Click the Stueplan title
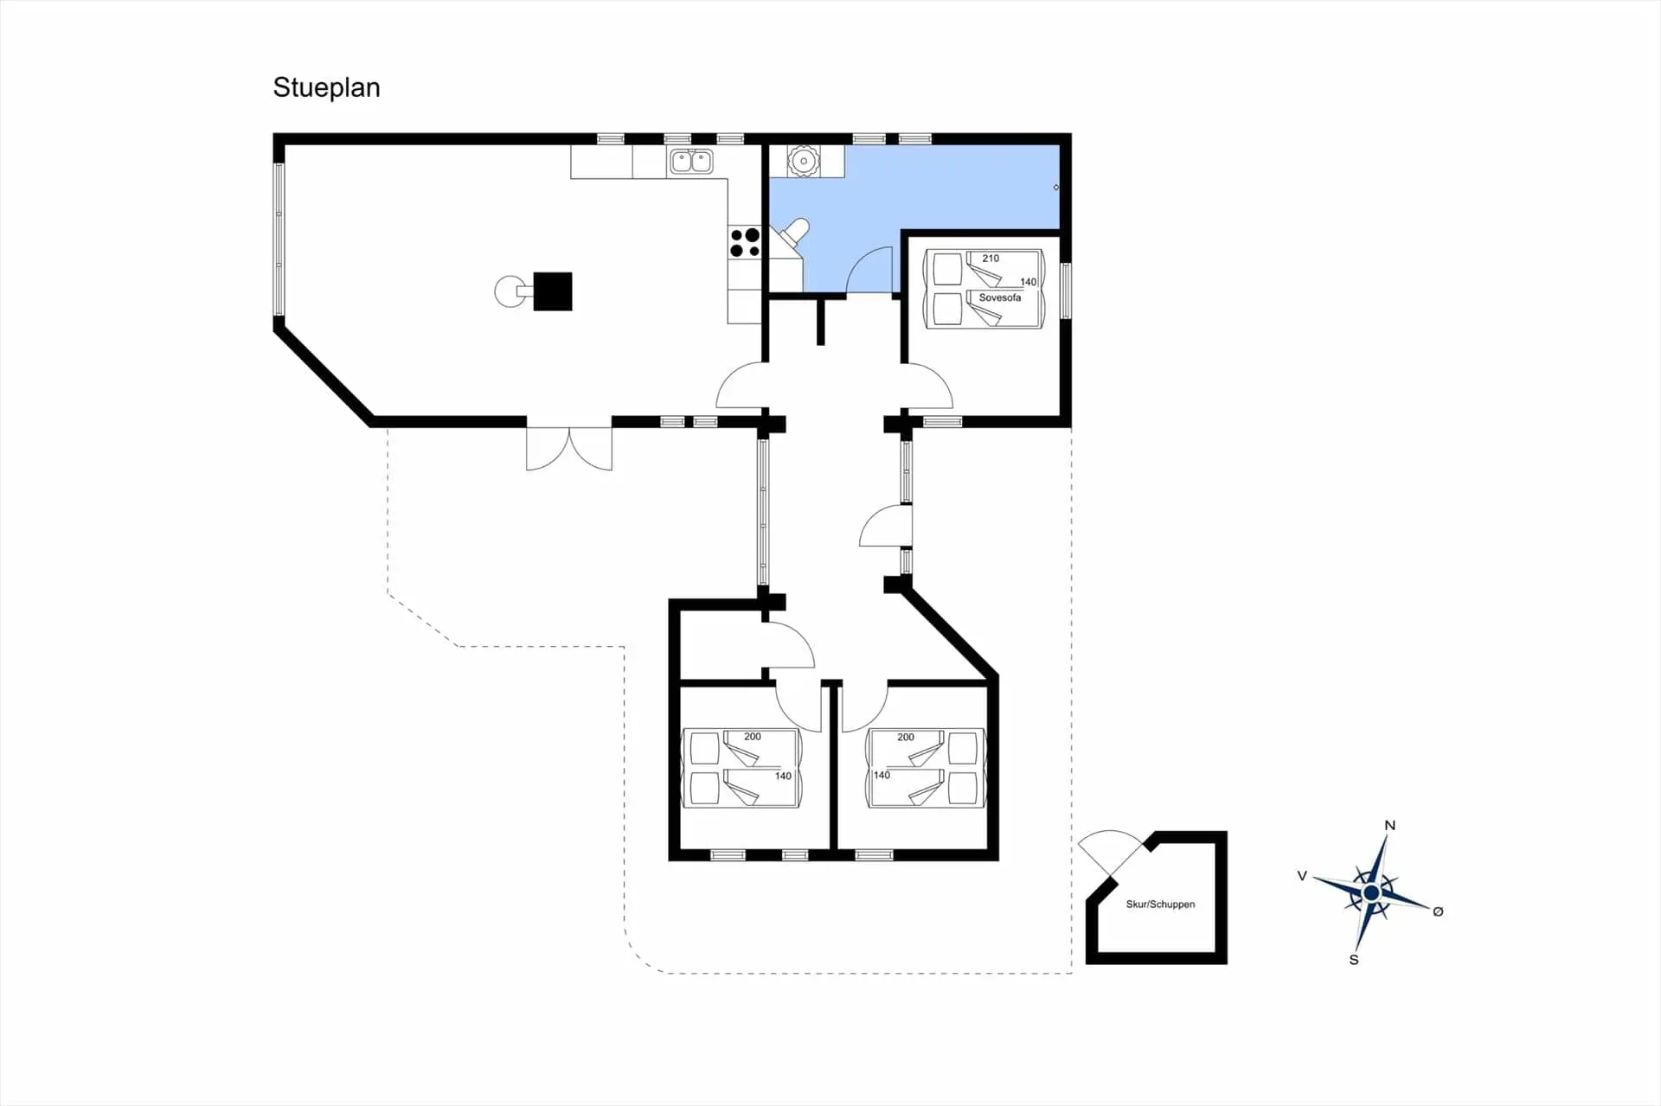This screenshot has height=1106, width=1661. pos(326,88)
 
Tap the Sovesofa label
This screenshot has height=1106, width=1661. pos(999,297)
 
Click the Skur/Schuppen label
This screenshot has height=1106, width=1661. pos(1160,905)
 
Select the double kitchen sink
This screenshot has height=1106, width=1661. pos(690,162)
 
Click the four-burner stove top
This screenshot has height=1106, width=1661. pos(744,243)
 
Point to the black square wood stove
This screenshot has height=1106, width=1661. pos(553,291)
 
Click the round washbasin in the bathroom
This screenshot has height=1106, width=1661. pos(804,161)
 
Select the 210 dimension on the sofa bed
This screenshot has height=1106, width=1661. pos(991,259)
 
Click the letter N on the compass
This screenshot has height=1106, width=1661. pos(1389,825)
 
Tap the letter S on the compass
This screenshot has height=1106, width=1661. pos(1354,960)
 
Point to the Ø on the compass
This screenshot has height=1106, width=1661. pos(1438,911)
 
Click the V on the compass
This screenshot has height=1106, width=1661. pos(1302,876)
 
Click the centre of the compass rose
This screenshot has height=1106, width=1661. pos(1371,893)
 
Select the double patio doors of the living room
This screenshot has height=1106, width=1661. pos(569,448)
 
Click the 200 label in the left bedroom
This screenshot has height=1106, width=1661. pos(753,737)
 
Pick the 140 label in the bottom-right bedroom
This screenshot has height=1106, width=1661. pos(882,775)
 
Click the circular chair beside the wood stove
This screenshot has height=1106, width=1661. pos(508,291)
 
